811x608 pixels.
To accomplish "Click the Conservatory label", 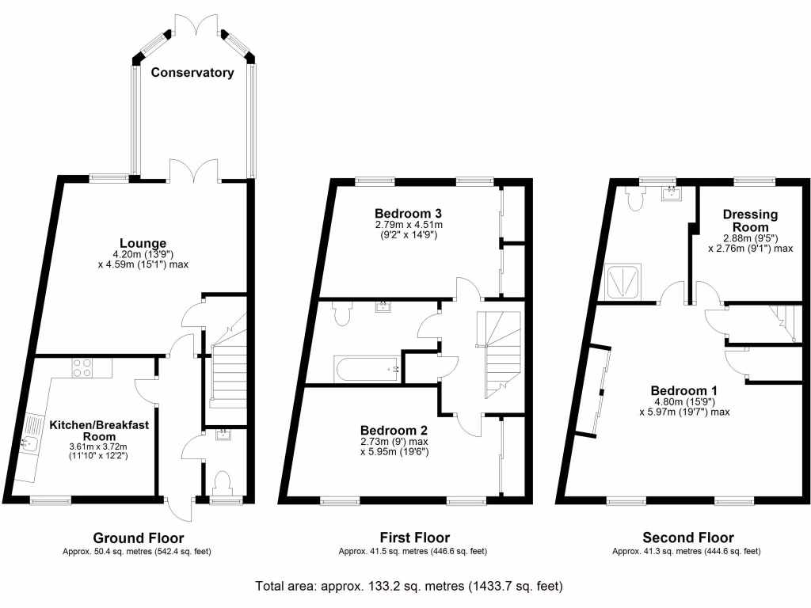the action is point(192,72).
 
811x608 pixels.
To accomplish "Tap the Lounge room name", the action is point(143,243).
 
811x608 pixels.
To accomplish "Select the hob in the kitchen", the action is point(82,367).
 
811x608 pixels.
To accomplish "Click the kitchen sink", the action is point(29,443).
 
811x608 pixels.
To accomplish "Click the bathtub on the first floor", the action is point(367,369).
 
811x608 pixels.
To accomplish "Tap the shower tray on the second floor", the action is point(623,281).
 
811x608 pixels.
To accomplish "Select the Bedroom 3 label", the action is point(408,214).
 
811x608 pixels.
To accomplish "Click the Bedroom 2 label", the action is point(394,430).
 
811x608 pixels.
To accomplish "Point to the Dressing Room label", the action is point(751,221).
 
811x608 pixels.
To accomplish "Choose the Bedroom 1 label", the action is point(684,390).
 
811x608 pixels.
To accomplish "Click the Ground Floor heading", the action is point(138,538).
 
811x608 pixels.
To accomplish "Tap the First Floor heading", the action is point(415,538).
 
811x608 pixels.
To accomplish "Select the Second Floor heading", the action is point(688,538).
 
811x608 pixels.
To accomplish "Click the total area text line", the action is point(409,587).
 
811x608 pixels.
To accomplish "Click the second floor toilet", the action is point(634,197).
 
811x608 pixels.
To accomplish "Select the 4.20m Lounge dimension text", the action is point(143,254).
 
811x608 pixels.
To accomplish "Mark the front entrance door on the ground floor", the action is point(178,509).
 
